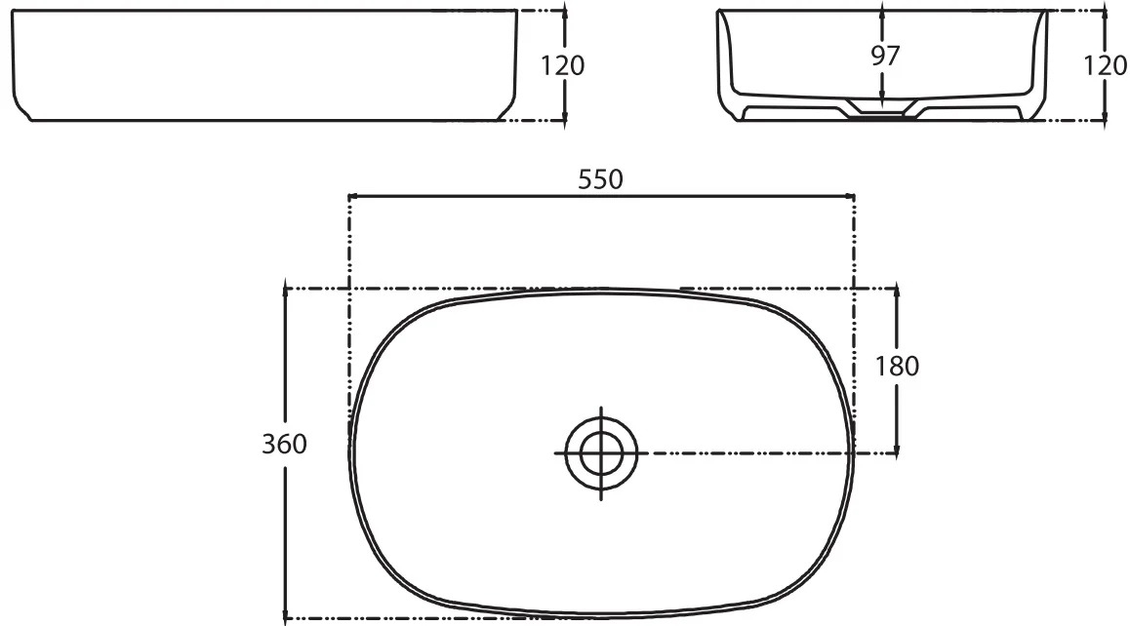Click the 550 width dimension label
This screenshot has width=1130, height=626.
[x=600, y=179]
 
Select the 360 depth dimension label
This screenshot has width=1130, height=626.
[x=284, y=444]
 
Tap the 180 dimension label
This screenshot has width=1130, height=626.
[x=897, y=367]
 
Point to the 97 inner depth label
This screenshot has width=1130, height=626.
[x=885, y=56]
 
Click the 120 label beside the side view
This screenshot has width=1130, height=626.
[x=563, y=66]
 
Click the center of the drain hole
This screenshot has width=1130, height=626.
[x=602, y=453]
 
